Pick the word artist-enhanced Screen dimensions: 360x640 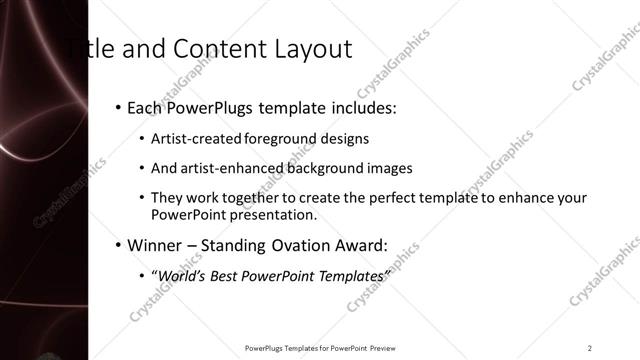click(219, 168)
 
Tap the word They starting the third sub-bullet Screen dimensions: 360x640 click(166, 198)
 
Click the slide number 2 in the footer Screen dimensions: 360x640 click(590, 347)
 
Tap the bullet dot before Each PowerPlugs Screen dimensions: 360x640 click(118, 105)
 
